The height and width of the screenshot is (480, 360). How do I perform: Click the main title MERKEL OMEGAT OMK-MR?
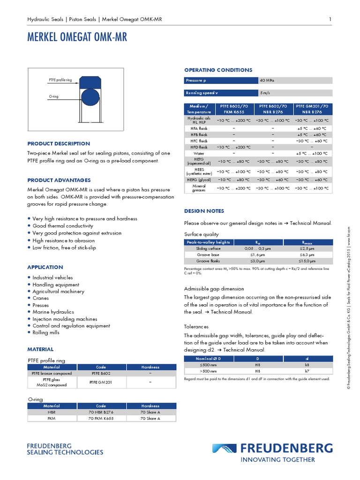77,37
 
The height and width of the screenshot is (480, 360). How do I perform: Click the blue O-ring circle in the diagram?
90,97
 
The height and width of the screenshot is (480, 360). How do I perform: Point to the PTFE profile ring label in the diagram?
60,81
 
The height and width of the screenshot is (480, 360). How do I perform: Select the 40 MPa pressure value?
267,81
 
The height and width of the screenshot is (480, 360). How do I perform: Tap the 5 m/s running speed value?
265,93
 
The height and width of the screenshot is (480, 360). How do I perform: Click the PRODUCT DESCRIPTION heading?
59,144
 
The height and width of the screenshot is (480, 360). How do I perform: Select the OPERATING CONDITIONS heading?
218,70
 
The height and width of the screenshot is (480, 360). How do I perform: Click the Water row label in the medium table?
199,153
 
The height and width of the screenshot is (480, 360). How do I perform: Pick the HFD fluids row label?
199,147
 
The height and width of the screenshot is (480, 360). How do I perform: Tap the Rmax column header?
307,242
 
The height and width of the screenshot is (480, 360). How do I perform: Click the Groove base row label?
208,255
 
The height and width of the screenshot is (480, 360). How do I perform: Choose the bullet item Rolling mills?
46,333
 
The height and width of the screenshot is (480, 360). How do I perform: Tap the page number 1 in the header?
330,19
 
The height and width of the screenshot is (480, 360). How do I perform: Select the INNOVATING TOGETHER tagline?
277,460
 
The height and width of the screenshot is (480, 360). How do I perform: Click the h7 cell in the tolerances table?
307,371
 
